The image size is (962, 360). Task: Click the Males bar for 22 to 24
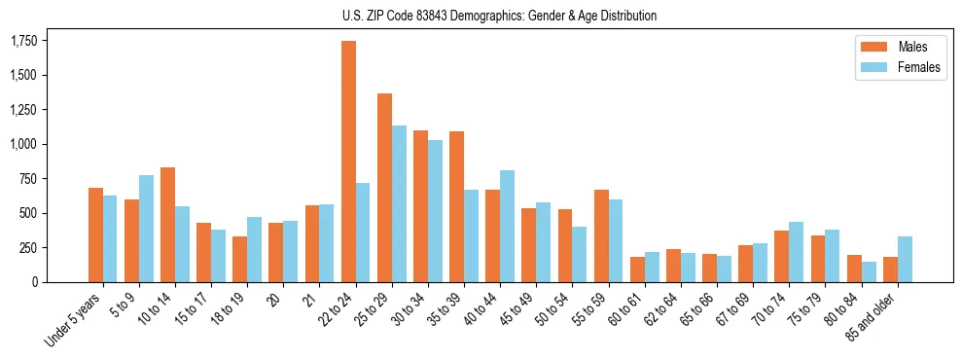348,162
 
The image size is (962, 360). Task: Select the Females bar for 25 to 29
399,203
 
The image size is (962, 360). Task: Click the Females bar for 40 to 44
507,226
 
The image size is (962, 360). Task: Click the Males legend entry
891,47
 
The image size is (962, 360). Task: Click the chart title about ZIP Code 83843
499,16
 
